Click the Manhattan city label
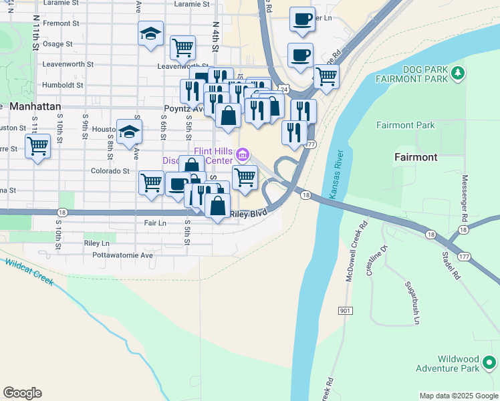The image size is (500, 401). pos(35,106)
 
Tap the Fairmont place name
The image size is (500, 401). pos(415,157)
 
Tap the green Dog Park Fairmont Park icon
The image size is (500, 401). pos(457,73)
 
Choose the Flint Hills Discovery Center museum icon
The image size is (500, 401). pos(243,156)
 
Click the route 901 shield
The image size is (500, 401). pos(345,311)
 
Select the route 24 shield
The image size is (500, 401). pos(284,88)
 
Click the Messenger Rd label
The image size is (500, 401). pos(463,199)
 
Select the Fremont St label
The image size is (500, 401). pos(61,23)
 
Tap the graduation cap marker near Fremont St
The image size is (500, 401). pos(151,33)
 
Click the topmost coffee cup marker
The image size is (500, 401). pos(302,18)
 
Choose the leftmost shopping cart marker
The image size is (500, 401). pos(38,145)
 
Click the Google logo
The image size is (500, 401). pos(22,393)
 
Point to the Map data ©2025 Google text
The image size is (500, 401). pos(458,396)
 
